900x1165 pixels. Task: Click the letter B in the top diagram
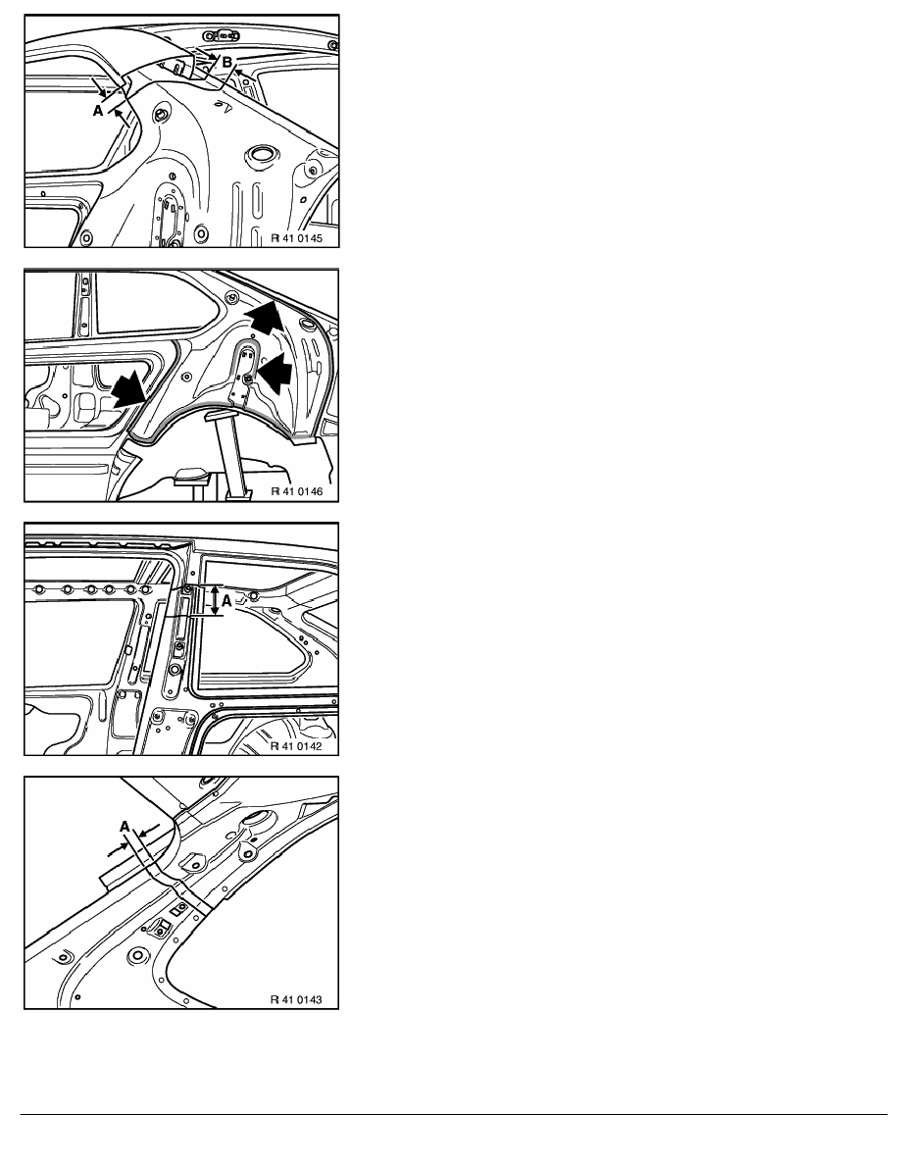pyautogui.click(x=227, y=63)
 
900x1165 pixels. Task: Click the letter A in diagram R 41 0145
pyautogui.click(x=97, y=111)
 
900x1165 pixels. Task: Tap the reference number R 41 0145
pyautogui.click(x=296, y=238)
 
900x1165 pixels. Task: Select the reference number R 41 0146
pyautogui.click(x=296, y=492)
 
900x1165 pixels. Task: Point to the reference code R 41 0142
pyautogui.click(x=296, y=746)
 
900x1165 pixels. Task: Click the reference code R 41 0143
pyautogui.click(x=296, y=1000)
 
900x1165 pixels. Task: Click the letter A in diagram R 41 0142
pyautogui.click(x=227, y=604)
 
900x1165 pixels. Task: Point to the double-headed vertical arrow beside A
pyautogui.click(x=216, y=600)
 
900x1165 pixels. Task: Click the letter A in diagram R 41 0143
pyautogui.click(x=125, y=827)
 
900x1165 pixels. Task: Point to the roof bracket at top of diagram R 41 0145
pyautogui.click(x=222, y=35)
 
